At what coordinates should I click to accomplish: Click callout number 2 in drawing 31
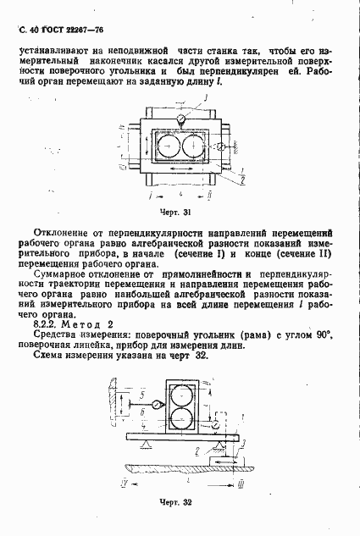point(243,181)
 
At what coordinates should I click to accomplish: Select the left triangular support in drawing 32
point(147,446)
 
